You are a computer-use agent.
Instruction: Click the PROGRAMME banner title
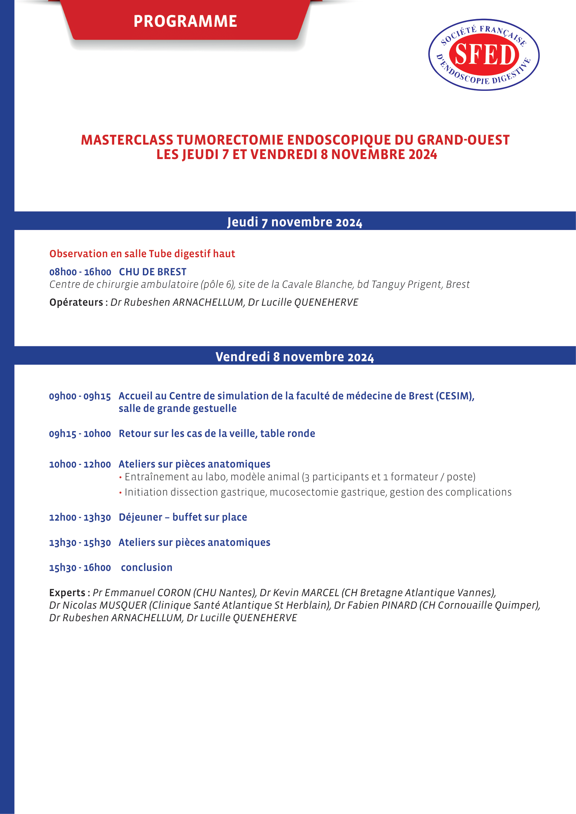185,21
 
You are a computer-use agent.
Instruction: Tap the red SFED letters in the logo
484,55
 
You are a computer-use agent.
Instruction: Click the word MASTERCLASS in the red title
127,140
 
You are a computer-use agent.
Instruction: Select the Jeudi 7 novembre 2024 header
294,222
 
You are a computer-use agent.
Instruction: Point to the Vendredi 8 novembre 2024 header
294,357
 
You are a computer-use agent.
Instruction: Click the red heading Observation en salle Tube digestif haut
142,254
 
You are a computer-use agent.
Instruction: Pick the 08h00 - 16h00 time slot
80,272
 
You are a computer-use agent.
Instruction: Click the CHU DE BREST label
153,272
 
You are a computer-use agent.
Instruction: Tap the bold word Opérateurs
76,302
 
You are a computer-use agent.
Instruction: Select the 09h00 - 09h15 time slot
80,396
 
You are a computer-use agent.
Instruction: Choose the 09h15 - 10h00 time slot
80,434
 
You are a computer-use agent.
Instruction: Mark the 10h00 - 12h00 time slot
80,464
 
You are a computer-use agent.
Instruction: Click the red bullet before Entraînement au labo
120,477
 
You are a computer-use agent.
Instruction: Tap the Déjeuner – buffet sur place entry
183,517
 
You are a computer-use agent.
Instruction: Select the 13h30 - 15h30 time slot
80,543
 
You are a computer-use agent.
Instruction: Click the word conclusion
147,568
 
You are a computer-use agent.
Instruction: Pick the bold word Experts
67,592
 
